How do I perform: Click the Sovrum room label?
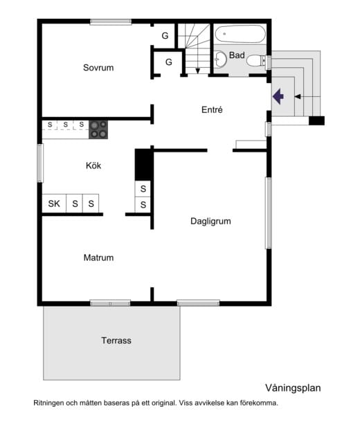(x=98, y=68)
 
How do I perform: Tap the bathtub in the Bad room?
(x=240, y=34)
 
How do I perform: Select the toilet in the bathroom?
(x=256, y=60)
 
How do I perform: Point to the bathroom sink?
(x=220, y=59)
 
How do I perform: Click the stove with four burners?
(x=98, y=129)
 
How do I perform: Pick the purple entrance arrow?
(x=278, y=96)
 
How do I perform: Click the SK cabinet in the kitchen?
(x=54, y=203)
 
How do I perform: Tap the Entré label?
(x=212, y=110)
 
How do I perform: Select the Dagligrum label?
(x=210, y=221)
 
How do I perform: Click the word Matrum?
(x=98, y=257)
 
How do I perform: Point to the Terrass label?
(x=116, y=340)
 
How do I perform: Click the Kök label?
(x=93, y=165)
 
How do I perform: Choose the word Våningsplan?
(x=293, y=388)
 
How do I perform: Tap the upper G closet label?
(x=165, y=36)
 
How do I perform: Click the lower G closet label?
(x=169, y=62)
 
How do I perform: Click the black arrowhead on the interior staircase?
(x=198, y=71)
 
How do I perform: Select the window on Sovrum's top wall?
(x=111, y=21)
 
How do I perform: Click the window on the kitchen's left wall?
(x=40, y=163)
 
